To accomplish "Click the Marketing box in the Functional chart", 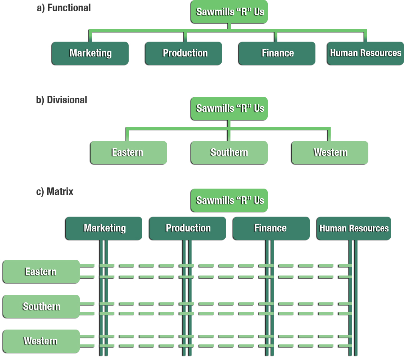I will [x=90, y=53].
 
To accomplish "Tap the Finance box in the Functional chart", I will [x=277, y=53].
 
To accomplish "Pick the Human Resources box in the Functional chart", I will [x=365, y=53].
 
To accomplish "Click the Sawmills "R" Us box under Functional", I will [x=229, y=12].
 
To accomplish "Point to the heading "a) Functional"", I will [x=64, y=8].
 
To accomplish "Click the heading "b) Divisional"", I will [x=62, y=100].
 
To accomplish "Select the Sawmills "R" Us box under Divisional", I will [x=229, y=109].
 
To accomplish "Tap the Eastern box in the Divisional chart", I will [x=128, y=153].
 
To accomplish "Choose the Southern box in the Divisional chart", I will [x=229, y=153].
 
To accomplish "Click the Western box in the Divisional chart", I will [x=329, y=153].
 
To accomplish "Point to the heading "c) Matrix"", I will [x=55, y=191].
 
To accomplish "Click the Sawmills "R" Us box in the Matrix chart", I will [x=229, y=200].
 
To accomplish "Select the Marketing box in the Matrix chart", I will [x=104, y=228].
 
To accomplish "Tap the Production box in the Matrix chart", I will [x=188, y=228].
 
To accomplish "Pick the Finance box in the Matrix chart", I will [x=271, y=228].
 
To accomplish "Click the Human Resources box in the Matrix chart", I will [x=354, y=228].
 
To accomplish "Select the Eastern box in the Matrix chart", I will [x=41, y=272].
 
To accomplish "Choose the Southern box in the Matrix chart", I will [x=41, y=307].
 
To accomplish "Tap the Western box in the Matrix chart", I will [x=41, y=341].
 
